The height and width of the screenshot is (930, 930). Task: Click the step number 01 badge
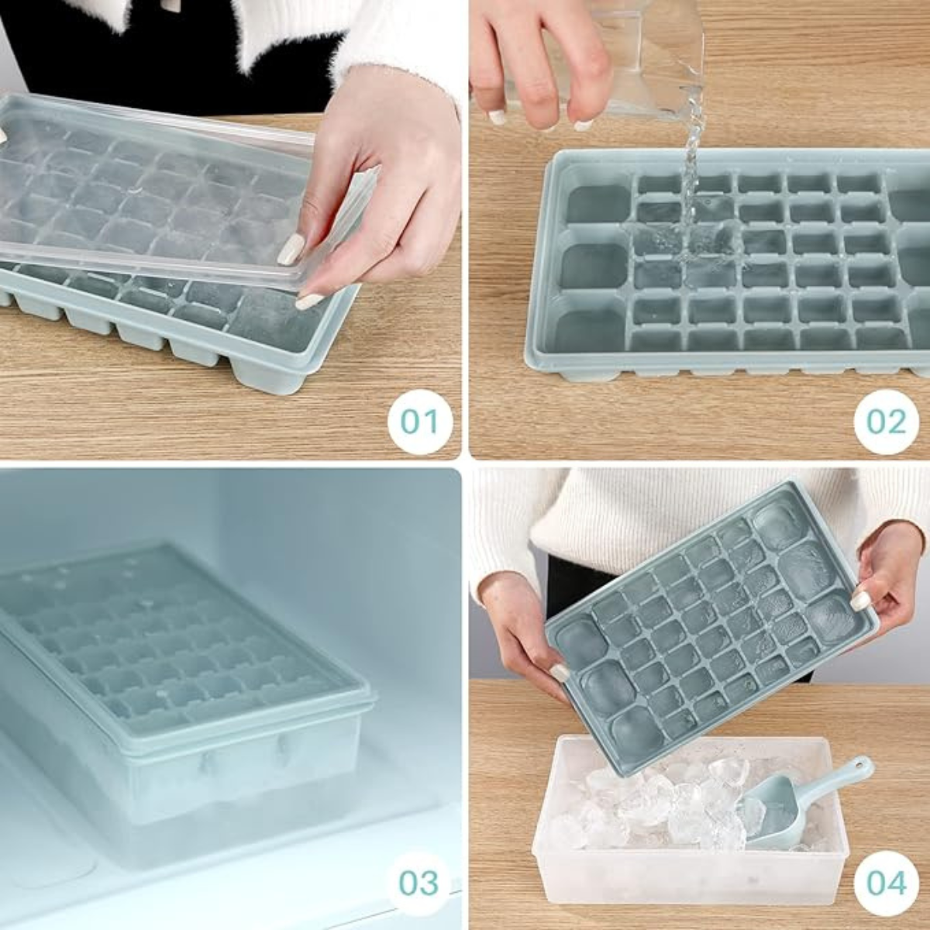pyautogui.click(x=419, y=421)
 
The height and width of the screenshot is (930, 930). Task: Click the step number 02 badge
pyautogui.click(x=886, y=421)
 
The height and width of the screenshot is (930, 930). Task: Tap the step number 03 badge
pyautogui.click(x=419, y=883)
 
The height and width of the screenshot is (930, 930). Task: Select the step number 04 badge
pyautogui.click(x=886, y=883)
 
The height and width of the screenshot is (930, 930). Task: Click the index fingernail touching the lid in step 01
pyautogui.click(x=291, y=250)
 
